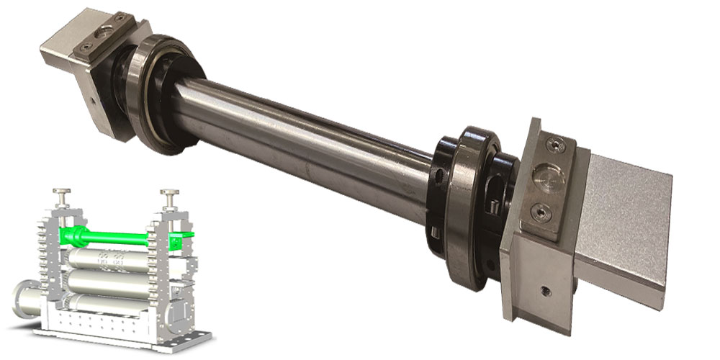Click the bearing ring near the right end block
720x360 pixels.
(x=469, y=209)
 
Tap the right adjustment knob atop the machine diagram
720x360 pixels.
(x=170, y=194)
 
